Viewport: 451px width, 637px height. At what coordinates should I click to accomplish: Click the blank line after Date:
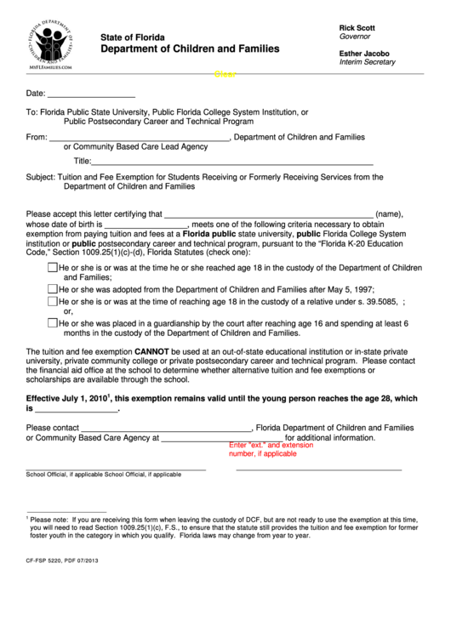click(91, 94)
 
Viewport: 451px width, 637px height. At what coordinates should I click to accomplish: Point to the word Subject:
click(41, 178)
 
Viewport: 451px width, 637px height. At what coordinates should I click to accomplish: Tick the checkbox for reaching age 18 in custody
click(53, 267)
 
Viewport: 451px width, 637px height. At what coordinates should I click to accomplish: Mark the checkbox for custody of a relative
click(53, 300)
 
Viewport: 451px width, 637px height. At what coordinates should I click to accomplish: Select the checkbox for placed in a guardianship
click(53, 323)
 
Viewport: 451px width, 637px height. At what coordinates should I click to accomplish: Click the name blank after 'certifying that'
click(268, 215)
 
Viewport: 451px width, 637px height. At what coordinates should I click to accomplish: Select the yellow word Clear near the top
click(225, 75)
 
